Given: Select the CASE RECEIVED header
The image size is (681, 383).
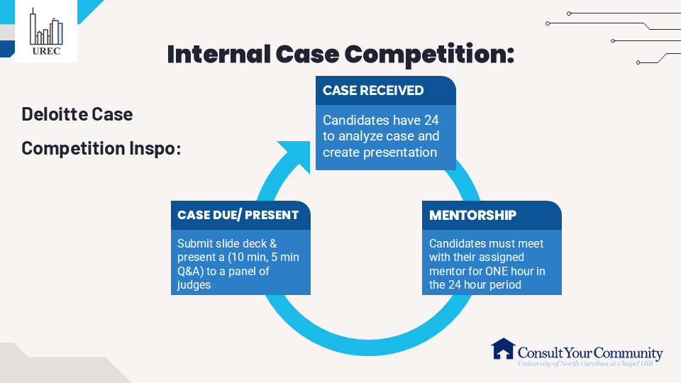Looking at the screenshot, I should (x=373, y=91).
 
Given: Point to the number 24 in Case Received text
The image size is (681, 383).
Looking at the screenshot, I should (x=432, y=120).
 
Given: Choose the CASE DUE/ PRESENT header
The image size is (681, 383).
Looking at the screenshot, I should (x=238, y=215).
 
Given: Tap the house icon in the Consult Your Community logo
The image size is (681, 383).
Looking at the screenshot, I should (x=503, y=349).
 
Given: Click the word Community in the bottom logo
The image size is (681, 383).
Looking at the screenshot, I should (x=628, y=353).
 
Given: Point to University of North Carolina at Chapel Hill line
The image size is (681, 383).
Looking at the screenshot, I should (x=589, y=362).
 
